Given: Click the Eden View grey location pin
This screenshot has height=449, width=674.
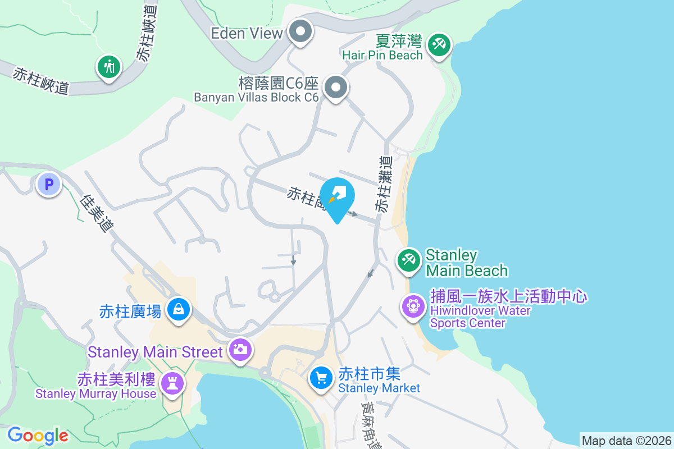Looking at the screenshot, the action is tap(300, 32).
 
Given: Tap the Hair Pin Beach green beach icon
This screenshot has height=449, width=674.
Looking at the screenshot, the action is tap(438, 44).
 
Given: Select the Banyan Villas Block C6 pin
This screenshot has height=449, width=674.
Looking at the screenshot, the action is tap(336, 87).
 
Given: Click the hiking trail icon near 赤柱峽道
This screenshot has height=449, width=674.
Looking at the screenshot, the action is tap(109, 67).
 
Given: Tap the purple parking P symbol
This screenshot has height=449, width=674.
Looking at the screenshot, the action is tap(49, 184).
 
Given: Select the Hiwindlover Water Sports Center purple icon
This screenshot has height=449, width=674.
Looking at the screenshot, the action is tap(413, 306).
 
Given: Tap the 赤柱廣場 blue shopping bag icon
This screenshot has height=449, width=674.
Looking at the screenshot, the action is tap(178, 309).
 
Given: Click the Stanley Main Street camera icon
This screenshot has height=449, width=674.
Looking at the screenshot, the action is tap(240, 350).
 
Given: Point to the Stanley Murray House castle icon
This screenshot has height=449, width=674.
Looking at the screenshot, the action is tap(171, 384).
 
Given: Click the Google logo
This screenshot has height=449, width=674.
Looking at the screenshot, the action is tap(38, 436).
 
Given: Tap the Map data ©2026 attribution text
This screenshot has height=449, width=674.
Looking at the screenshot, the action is tap(626, 441).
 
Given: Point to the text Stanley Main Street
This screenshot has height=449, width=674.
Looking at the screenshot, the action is tap(156, 352).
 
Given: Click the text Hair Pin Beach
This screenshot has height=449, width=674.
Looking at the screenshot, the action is tap(382, 55).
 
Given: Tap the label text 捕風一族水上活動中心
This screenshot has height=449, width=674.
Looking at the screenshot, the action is tap(508, 296).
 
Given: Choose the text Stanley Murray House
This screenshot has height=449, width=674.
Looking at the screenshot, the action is tap(95, 393).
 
